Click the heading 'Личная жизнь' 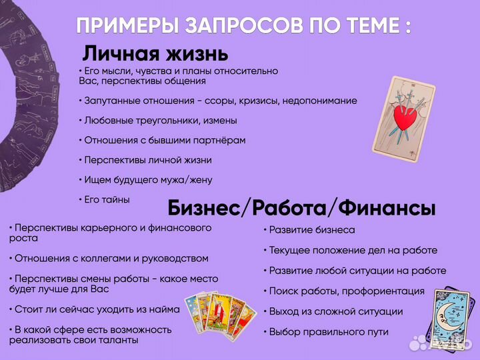tap(155, 52)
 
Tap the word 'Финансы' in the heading tap(387, 208)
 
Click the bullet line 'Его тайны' tap(105, 199)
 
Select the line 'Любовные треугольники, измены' tap(157, 121)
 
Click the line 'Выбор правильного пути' tap(321, 331)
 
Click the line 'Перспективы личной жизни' tap(145, 160)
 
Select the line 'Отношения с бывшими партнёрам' tap(162, 140)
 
